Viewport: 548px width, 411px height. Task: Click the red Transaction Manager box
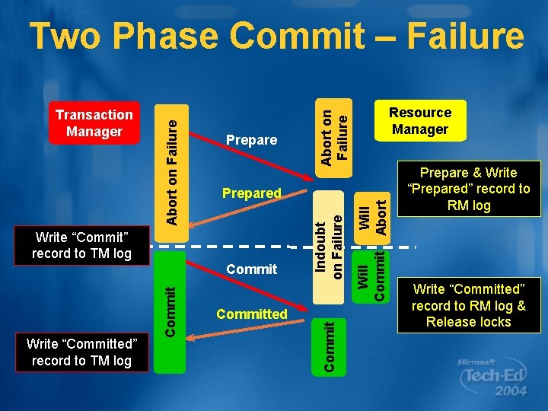pos(94,123)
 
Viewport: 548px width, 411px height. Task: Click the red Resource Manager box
pos(420,120)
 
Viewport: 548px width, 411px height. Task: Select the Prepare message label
pos(252,140)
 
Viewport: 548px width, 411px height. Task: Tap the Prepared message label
pos(252,193)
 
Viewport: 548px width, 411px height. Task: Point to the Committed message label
pos(252,314)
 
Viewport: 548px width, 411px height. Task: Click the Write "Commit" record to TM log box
pos(81,243)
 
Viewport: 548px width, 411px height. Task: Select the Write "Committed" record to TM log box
pos(81,352)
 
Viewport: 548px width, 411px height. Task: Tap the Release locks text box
pos(468,305)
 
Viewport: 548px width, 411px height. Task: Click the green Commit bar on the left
pos(171,312)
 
